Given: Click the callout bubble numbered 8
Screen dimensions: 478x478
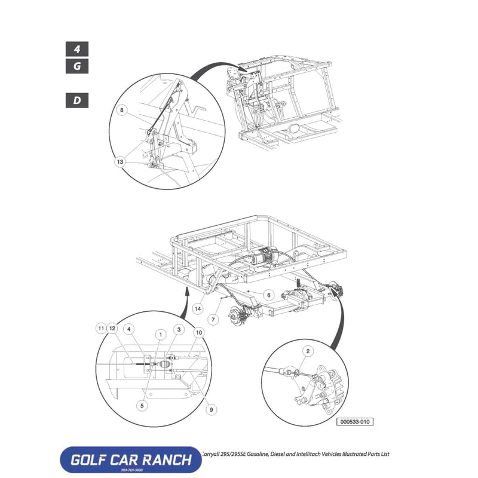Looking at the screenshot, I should point(122,111).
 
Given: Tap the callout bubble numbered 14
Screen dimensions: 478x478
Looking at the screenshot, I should point(197,309).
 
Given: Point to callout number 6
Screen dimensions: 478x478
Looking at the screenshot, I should point(269,295).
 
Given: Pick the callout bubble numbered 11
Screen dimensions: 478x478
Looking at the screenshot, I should point(100,328).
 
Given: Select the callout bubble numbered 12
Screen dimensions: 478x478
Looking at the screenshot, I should point(111,328).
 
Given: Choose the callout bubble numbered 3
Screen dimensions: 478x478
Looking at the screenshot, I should point(178,329).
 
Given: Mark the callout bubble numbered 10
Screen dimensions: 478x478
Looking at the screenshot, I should point(199,332).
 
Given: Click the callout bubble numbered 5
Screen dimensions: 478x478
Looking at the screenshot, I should point(142,405).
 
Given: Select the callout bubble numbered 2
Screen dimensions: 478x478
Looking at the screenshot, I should point(307,351).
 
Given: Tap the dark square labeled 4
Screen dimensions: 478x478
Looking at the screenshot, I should point(76,49).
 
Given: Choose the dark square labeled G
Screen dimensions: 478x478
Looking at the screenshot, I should point(76,66).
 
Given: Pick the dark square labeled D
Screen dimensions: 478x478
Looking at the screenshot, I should point(76,100).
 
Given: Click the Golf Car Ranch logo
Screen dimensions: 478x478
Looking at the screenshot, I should point(131,461).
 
